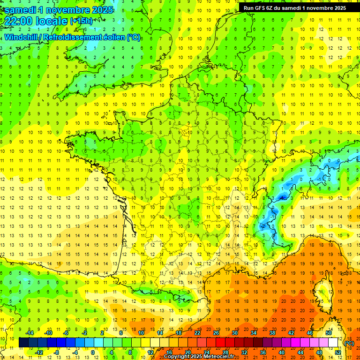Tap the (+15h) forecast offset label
pos(81,21)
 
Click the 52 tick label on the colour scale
pos(337,352)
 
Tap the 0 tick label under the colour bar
pos(92,352)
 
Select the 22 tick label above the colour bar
pos(197,333)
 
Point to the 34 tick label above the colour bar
pos(254,333)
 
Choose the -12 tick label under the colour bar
pos(39,352)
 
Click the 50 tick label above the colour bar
pos(328,333)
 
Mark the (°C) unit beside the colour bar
pos(348,343)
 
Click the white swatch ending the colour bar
pos(333,343)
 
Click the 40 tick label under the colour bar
pos(281,352)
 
